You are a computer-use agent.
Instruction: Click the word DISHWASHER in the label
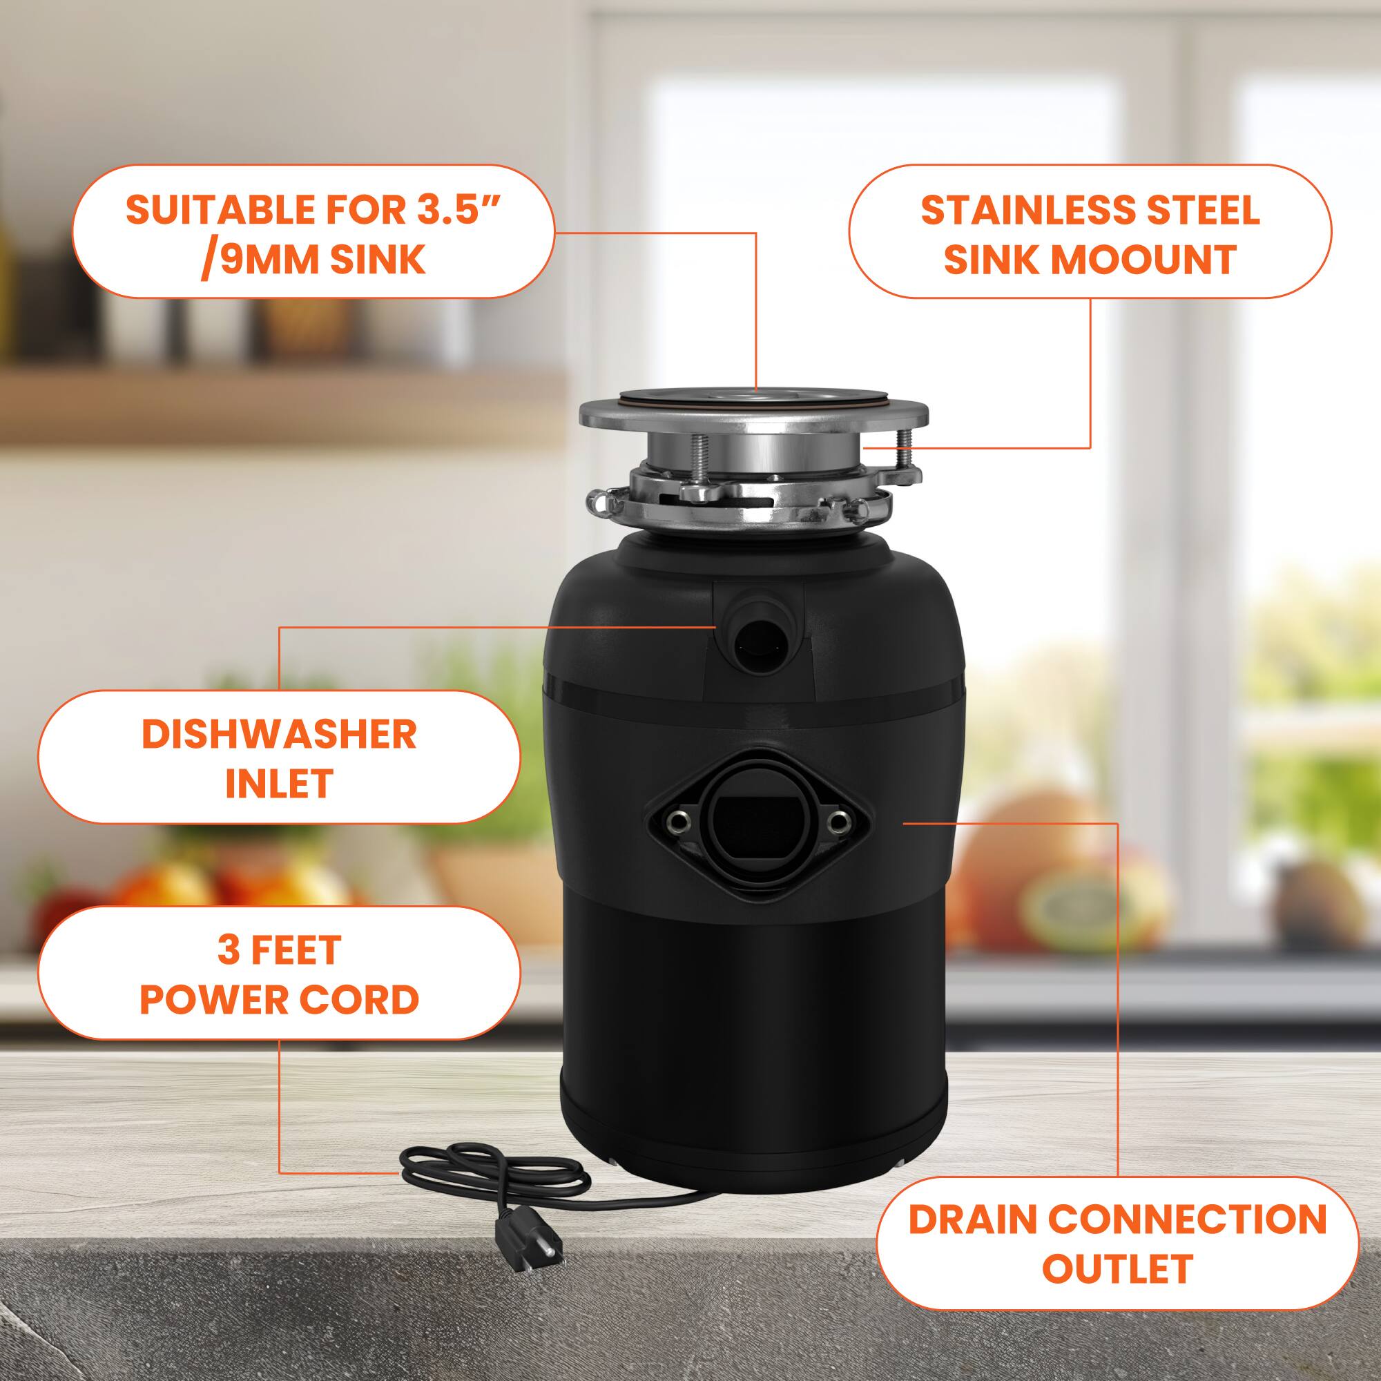pos(279,734)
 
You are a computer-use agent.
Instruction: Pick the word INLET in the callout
pos(279,784)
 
